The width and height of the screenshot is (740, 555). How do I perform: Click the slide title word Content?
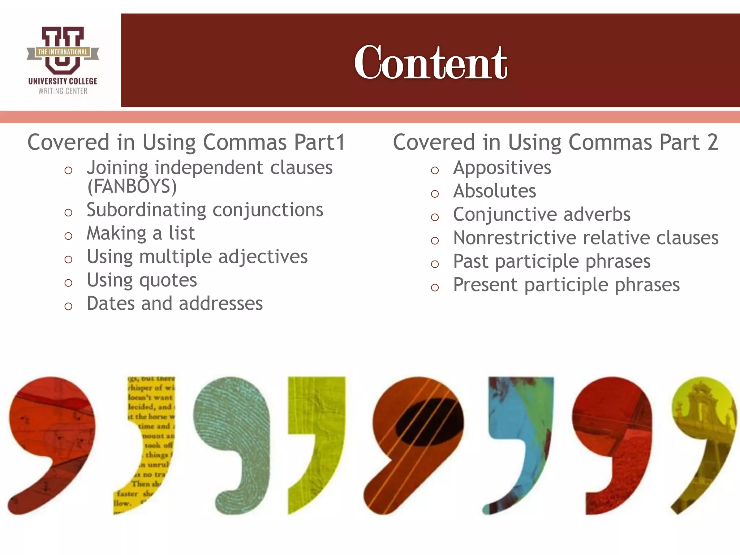(x=430, y=63)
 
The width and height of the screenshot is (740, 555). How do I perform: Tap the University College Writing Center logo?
(x=63, y=60)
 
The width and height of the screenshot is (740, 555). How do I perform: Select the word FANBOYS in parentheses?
(x=132, y=186)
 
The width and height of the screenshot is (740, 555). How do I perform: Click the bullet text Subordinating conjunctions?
(x=205, y=210)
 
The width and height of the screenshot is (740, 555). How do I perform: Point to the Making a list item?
(x=141, y=233)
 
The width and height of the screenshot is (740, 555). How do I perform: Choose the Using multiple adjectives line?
(x=197, y=257)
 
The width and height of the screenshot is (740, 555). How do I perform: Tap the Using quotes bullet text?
(x=142, y=280)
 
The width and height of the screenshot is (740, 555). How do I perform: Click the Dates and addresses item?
(x=175, y=304)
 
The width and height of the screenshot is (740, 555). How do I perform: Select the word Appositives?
(x=502, y=168)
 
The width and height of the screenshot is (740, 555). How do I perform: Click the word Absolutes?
(x=495, y=191)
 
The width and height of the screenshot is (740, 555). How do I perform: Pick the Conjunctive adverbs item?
(x=542, y=215)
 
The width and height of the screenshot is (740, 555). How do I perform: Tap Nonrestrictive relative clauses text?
(x=586, y=238)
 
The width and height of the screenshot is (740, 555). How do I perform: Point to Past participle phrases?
(x=552, y=262)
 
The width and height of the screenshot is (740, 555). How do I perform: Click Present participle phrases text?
(x=566, y=285)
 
